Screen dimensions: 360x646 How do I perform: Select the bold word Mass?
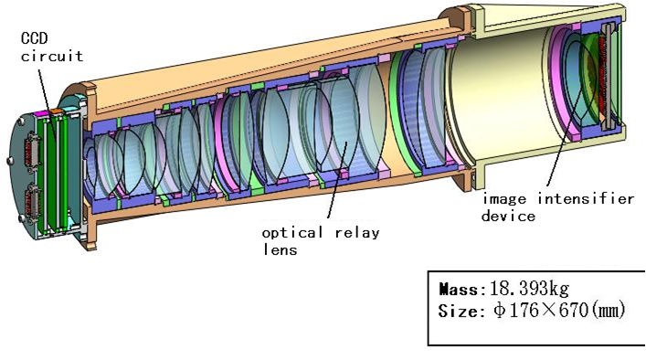point(460,289)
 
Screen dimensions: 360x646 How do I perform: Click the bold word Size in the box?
point(459,312)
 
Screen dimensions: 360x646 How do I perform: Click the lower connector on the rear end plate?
point(31,204)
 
